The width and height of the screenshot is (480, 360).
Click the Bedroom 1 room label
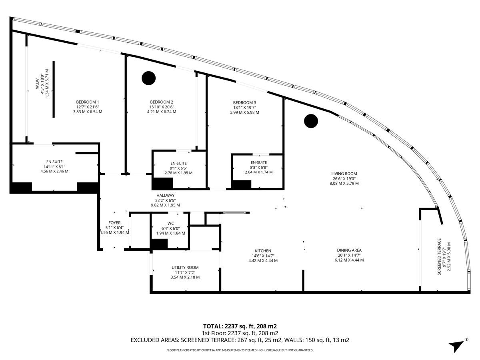pos(88,102)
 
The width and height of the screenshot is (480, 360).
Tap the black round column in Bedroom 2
pos(149,78)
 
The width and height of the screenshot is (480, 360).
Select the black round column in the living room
pos(311,121)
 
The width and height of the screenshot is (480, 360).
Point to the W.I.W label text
pos(37,84)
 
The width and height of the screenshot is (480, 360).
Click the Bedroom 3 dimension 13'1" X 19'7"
pos(244,108)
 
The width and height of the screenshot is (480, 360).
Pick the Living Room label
pos(344,174)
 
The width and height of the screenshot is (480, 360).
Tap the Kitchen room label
pos(263,251)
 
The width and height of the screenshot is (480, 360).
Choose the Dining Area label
pos(349,250)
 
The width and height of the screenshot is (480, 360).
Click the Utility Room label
pos(185,268)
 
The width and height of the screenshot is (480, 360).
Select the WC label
pos(170,223)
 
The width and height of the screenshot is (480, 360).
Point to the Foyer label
pos(114,223)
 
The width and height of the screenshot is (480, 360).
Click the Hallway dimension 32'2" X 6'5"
pos(165,200)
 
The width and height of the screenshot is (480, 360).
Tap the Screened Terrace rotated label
pos(439,257)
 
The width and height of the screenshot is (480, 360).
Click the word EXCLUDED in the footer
pos(144,340)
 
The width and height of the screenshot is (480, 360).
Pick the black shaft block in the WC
pos(160,244)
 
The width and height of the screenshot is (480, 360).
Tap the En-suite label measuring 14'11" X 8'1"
pos(54,162)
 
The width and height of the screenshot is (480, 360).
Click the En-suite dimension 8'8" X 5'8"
pos(259,168)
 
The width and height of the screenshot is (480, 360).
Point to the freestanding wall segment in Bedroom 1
pos(54,89)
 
